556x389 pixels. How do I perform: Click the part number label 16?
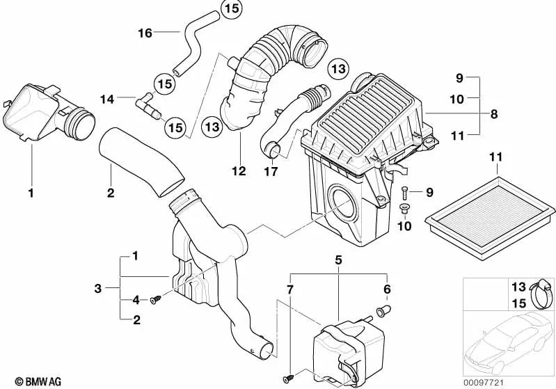[x=144, y=32]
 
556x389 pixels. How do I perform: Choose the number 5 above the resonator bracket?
[x=338, y=261]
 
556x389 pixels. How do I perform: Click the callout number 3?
[x=99, y=287]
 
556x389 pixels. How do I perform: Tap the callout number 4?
[x=136, y=300]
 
